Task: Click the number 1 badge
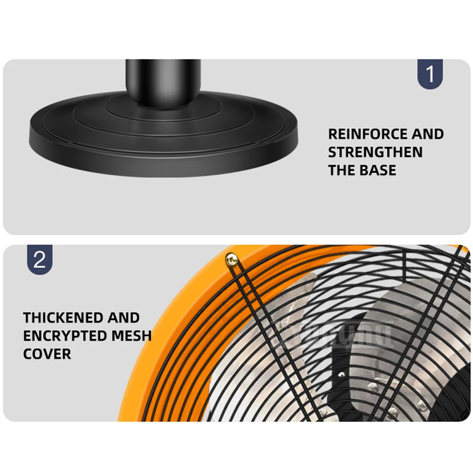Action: point(430,74)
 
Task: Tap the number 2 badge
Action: point(40,260)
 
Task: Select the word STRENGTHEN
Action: point(375,152)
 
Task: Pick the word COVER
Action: point(47,353)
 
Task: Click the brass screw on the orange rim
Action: point(232,259)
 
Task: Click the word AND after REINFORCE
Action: point(427,134)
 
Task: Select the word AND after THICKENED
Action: point(123,317)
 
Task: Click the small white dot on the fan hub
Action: point(341,374)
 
